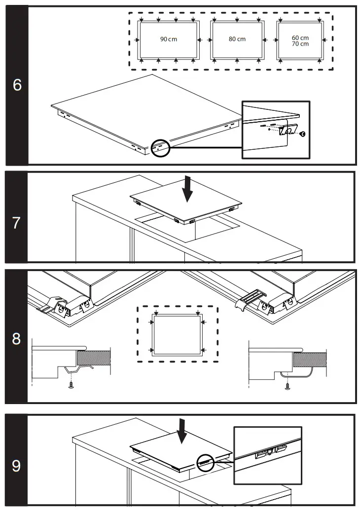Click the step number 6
pos(17,85)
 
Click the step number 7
pos(17,223)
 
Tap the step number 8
pos(17,340)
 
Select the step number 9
pos(17,466)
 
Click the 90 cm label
pos(168,39)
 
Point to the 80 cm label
pos(237,39)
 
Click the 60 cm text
pos(300,37)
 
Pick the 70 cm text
pos(300,44)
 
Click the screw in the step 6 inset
pos(303,134)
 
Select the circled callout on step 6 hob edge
pos(160,147)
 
